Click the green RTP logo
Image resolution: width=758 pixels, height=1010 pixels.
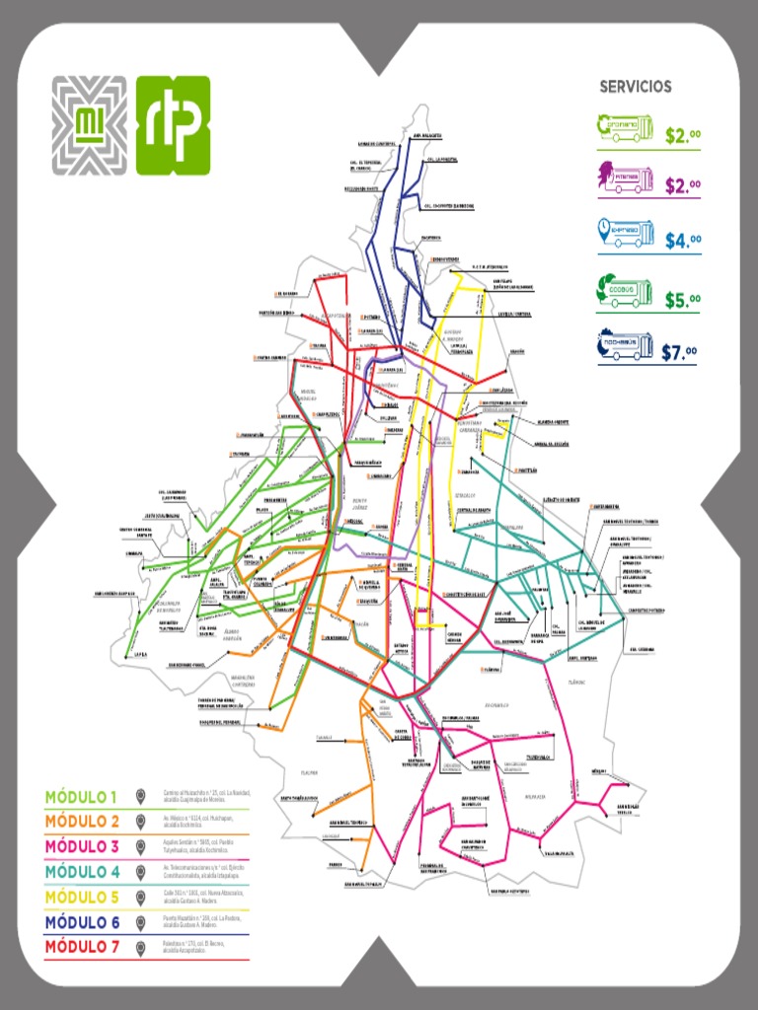(173, 124)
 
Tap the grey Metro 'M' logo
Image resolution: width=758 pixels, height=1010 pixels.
(89, 124)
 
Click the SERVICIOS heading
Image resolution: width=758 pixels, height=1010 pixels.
(636, 87)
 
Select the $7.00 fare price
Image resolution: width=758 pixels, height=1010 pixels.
(681, 352)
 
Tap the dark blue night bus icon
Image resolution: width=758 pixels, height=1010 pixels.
(625, 345)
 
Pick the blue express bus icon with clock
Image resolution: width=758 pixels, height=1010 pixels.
(625, 233)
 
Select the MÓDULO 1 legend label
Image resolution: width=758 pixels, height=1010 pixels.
(81, 796)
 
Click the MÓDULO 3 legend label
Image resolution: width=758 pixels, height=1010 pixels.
(81, 846)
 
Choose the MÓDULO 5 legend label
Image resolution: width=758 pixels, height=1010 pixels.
(81, 897)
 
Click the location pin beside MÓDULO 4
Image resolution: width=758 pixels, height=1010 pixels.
(141, 871)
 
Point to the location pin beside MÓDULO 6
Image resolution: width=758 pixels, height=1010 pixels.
(141, 921)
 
